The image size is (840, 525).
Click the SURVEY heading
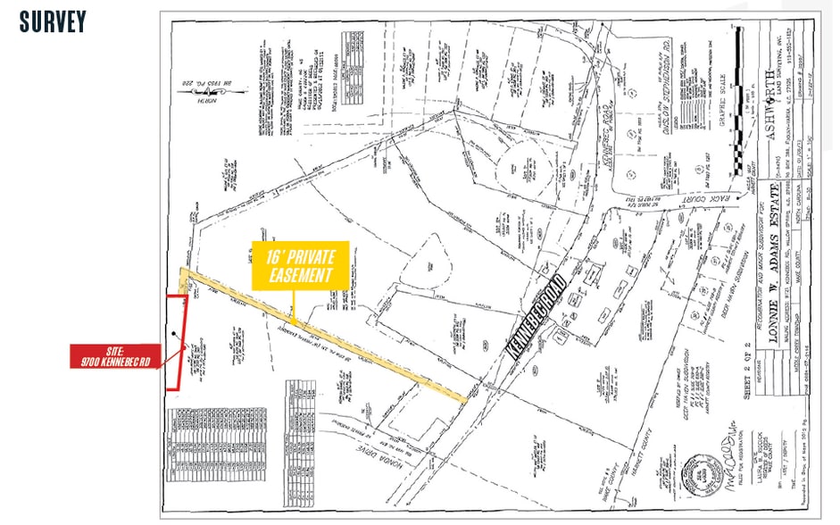pyautogui.click(x=52, y=21)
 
